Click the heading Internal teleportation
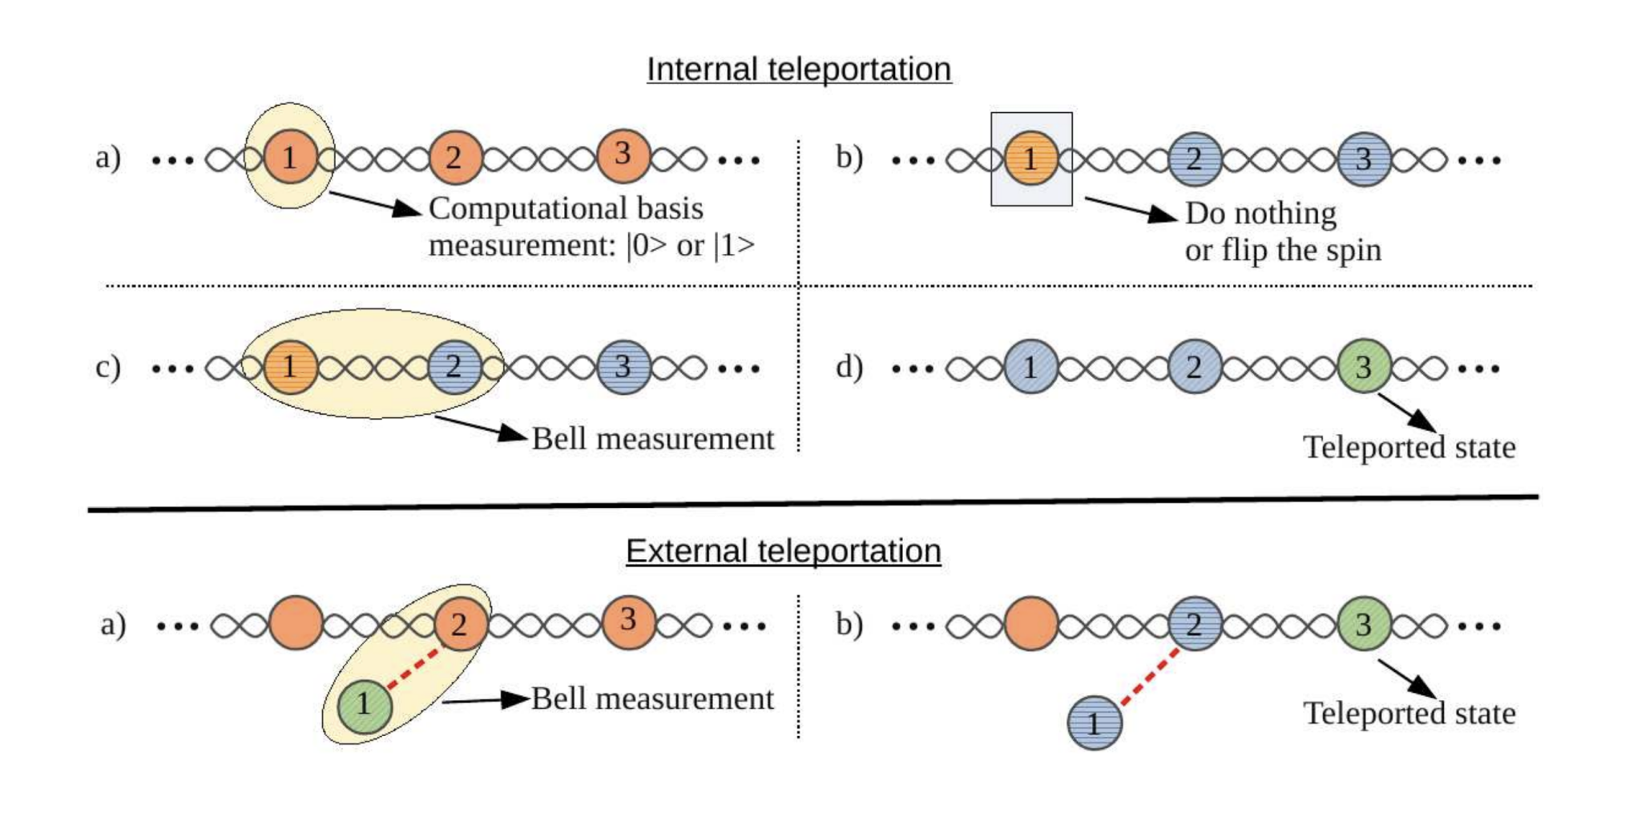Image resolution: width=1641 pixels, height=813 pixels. (x=798, y=70)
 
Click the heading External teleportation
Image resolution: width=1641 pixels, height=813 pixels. (x=783, y=551)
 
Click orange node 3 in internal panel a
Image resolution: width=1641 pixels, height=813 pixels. (x=623, y=155)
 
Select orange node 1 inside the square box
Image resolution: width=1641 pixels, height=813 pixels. (x=1030, y=159)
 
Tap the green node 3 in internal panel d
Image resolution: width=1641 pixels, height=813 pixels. (x=1363, y=367)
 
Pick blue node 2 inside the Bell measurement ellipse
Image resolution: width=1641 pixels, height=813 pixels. (x=454, y=367)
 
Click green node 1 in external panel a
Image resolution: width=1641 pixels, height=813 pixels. (x=365, y=705)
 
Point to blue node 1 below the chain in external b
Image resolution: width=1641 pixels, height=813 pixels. (x=1095, y=723)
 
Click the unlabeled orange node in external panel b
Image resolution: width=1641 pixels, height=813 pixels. (x=1030, y=624)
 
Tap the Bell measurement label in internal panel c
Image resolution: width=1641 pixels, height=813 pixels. (x=652, y=439)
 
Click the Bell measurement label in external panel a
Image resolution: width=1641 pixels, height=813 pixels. (x=652, y=699)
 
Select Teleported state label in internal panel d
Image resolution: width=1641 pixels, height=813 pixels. (x=1409, y=448)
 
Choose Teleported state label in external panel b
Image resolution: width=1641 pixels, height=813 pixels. (x=1409, y=714)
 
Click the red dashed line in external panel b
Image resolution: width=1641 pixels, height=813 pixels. (x=1151, y=677)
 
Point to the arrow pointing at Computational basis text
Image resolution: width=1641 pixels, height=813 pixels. (x=375, y=203)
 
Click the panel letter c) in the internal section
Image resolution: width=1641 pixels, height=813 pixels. (x=108, y=367)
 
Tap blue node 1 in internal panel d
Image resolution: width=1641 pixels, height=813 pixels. (x=1030, y=367)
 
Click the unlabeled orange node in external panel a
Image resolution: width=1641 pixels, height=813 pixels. (x=296, y=623)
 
